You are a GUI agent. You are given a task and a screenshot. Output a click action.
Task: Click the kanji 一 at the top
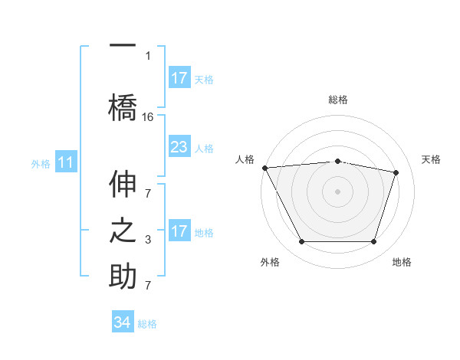[123, 44]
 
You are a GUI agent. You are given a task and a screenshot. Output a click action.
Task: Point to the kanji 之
[123, 232]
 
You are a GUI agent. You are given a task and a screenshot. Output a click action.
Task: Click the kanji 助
[123, 275]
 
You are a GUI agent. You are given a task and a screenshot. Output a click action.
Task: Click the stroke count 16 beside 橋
[148, 116]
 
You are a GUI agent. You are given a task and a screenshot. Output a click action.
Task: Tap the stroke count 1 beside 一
[148, 55]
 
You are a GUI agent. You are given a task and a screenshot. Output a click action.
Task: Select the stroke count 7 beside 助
[148, 285]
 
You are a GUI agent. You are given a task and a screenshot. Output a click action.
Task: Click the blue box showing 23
[179, 147]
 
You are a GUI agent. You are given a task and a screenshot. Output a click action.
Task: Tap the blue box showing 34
[123, 322]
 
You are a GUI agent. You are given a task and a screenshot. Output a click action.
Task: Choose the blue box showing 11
[66, 162]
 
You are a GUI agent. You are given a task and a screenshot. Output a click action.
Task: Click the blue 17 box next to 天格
[179, 78]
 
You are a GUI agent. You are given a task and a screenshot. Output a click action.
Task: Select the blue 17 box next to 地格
[179, 231]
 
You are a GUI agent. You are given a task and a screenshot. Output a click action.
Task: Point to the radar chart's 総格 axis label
[338, 100]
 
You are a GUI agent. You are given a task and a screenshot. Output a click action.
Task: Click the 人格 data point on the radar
[264, 168]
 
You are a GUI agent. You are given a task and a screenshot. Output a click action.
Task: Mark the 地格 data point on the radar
[373, 242]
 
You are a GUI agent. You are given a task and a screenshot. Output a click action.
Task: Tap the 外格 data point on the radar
[301, 242]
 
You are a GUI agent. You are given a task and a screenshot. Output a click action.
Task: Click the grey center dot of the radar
[337, 191]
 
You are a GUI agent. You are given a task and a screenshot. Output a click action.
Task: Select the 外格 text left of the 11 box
[41, 163]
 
